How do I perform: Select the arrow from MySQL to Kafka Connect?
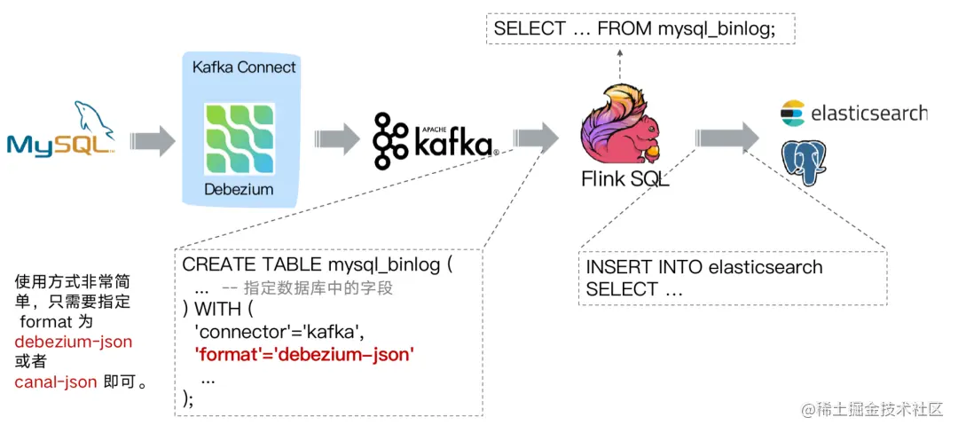pos(153,139)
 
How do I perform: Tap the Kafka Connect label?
pos(244,67)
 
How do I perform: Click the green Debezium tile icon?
pos(239,137)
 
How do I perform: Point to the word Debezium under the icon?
pos(239,189)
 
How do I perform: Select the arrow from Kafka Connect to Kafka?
pos(336,139)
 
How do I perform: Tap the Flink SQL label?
pos(624,179)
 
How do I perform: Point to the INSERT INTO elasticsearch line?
pos(704,267)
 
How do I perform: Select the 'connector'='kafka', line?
pos(279,332)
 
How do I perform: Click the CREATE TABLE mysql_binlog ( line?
pos(317,264)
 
